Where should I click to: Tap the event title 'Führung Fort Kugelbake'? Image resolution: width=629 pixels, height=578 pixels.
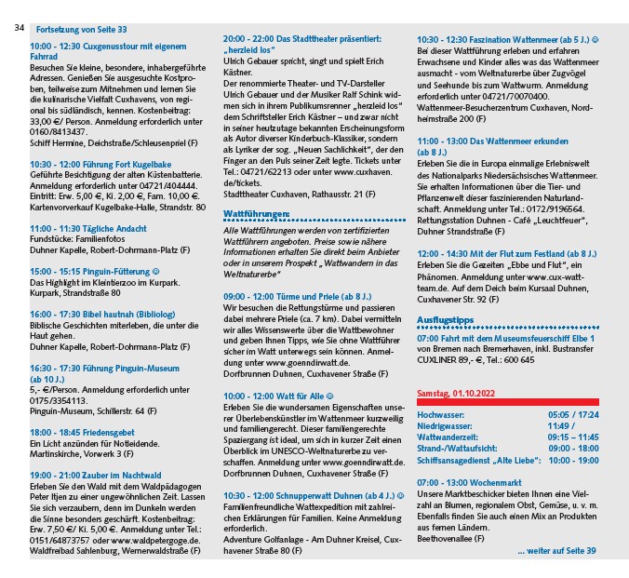point(131,163)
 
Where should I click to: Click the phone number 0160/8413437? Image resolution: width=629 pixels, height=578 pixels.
point(62,131)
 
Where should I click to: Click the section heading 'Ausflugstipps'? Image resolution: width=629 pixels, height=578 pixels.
point(446,319)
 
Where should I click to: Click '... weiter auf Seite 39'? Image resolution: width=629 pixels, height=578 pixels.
point(557,552)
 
